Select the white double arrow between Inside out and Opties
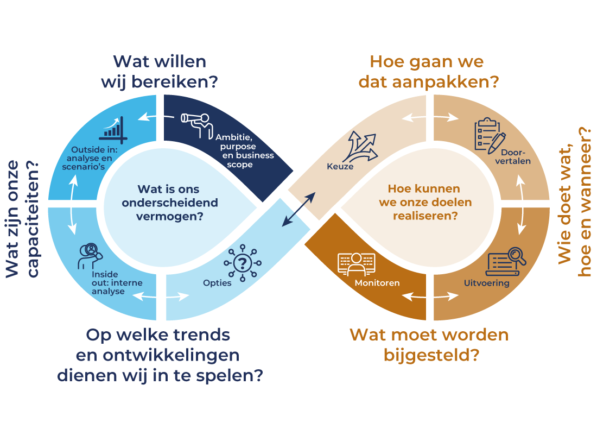pyautogui.click(x=162, y=296)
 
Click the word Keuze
pyautogui.click(x=340, y=167)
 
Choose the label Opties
pyautogui.click(x=217, y=283)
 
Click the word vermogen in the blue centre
pyautogui.click(x=170, y=216)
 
